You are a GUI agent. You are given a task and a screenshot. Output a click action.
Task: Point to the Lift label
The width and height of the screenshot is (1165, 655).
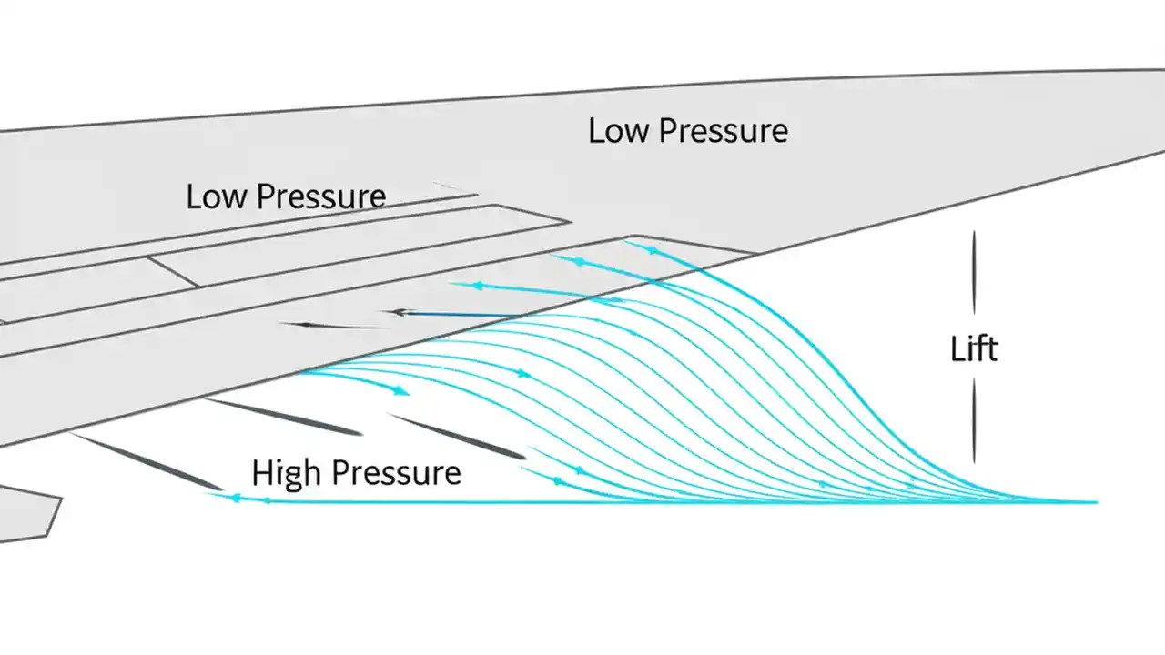coord(974,349)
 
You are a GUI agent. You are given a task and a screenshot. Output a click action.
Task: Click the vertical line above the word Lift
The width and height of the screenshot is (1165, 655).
coord(974,273)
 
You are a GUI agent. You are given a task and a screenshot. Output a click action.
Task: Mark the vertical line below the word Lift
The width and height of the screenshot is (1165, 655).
coord(974,421)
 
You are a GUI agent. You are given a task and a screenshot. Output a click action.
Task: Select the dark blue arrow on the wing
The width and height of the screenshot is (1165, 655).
coord(455,314)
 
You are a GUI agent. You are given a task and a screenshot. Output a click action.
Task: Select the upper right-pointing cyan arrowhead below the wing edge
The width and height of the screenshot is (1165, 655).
coord(524,373)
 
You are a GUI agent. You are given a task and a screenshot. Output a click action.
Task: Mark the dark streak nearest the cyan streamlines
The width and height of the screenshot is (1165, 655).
coord(456,436)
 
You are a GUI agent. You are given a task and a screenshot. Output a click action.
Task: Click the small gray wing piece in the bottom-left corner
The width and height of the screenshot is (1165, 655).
coord(27,514)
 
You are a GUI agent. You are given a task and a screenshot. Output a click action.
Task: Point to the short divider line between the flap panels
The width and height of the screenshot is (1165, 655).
coord(173,271)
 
